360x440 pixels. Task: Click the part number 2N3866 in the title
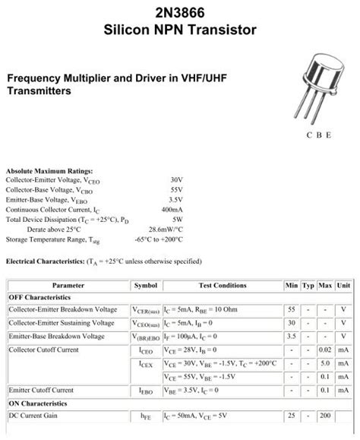tap(180, 11)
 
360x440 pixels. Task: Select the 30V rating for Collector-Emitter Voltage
tap(177, 180)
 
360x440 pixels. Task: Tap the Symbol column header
tap(145, 285)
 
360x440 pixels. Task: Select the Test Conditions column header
tap(223, 285)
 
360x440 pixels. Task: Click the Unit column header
tap(343, 285)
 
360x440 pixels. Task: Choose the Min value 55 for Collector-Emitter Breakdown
tap(291, 310)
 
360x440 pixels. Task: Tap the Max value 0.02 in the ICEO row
tap(325, 350)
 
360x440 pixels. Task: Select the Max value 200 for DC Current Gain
tap(325, 416)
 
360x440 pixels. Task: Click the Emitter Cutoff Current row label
tap(42, 390)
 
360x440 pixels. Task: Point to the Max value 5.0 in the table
tap(325, 363)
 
